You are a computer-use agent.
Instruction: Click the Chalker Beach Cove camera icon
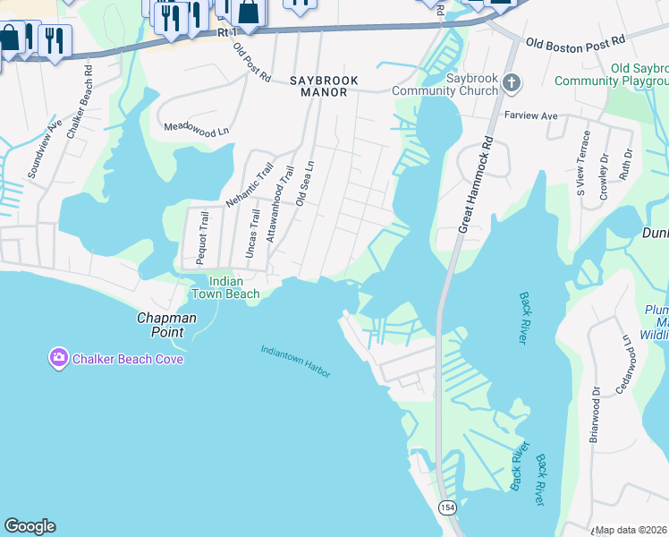(58, 359)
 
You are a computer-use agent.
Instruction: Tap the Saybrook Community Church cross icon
(511, 83)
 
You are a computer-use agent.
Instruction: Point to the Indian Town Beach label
(227, 287)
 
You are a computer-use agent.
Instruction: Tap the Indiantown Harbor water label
(296, 362)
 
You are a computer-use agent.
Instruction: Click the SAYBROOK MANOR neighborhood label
(324, 81)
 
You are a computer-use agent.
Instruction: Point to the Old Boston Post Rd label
(574, 42)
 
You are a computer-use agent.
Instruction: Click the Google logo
(30, 526)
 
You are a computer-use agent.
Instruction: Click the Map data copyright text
(631, 530)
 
